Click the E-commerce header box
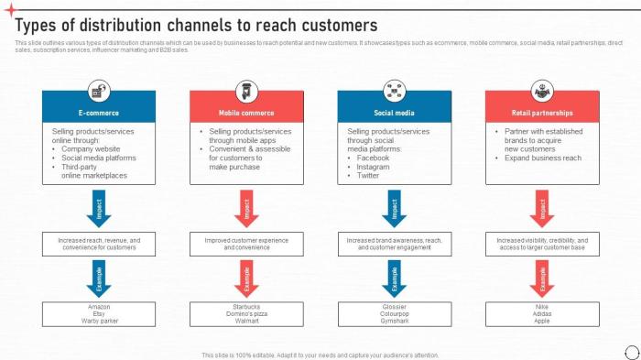(98, 113)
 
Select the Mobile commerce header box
(246, 113)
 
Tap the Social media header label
(395, 113)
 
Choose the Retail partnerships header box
(542, 113)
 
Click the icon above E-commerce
(98, 90)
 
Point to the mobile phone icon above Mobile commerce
(246, 90)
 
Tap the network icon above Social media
(395, 90)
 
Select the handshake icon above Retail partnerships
(542, 90)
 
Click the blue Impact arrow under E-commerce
(98, 208)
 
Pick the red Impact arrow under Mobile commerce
(246, 208)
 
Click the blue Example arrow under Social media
(395, 277)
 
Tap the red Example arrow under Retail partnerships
(542, 277)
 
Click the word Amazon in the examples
(98, 306)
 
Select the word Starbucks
(246, 306)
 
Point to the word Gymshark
(395, 321)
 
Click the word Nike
(542, 306)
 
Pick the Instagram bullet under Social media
(373, 167)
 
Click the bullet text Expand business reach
(543, 158)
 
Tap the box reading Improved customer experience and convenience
(246, 244)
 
